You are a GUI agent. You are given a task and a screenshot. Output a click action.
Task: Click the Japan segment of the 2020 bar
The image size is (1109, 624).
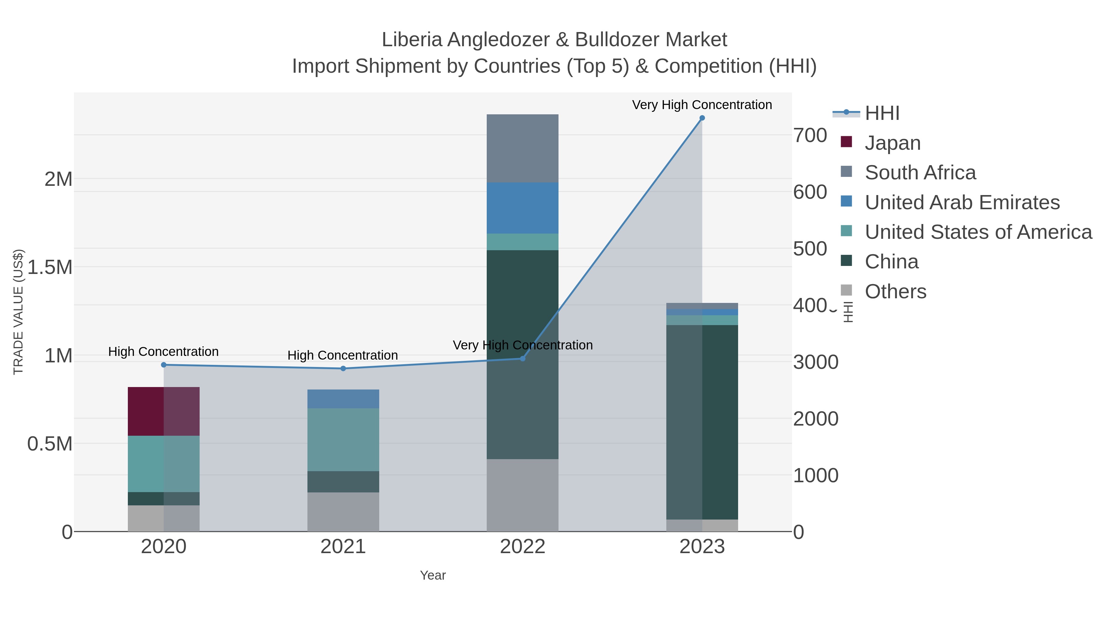tap(164, 411)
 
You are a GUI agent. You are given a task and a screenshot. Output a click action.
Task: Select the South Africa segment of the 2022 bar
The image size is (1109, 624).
tap(522, 148)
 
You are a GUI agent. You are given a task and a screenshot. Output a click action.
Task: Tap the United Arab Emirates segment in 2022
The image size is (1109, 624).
tap(522, 208)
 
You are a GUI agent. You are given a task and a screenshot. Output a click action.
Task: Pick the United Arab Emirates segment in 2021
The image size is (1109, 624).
tap(343, 399)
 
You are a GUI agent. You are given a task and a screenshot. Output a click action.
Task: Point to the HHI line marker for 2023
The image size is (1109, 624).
tap(702, 118)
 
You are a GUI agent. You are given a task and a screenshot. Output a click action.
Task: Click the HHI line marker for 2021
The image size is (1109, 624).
tap(343, 369)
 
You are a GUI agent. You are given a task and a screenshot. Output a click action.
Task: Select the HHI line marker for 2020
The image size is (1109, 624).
tap(164, 365)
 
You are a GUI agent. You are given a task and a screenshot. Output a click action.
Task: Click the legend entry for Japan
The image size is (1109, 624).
tap(892, 143)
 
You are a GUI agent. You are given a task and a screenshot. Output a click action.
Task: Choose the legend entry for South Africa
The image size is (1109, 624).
tap(920, 173)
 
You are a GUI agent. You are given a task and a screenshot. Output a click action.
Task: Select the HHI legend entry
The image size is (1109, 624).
tap(882, 113)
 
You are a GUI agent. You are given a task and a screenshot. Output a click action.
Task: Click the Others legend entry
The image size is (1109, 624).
tap(895, 292)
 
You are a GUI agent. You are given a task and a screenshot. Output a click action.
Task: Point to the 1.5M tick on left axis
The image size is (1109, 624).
tap(50, 267)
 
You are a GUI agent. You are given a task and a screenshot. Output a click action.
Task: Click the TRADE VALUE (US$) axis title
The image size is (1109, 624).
tap(18, 312)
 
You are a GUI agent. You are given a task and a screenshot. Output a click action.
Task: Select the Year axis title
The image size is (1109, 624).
tap(433, 575)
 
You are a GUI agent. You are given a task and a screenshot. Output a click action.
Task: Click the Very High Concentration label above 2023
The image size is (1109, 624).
tap(702, 105)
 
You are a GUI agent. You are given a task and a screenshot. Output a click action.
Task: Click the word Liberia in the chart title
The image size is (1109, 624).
tap(412, 40)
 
